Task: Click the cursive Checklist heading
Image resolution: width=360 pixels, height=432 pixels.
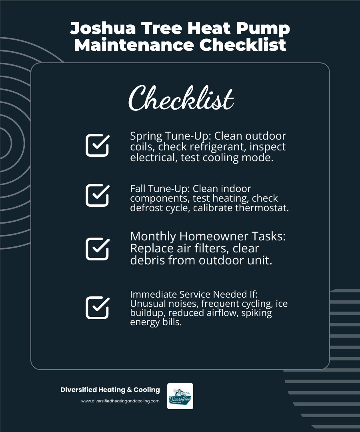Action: (x=181, y=98)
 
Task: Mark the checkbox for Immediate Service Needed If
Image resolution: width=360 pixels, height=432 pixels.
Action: (x=97, y=307)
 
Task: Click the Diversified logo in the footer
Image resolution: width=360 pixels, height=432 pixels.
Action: (x=180, y=396)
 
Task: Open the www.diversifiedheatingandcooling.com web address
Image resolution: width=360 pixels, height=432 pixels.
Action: (x=120, y=401)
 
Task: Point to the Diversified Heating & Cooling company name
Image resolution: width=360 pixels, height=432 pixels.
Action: (x=110, y=390)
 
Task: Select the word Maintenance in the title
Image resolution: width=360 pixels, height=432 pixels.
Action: (x=134, y=45)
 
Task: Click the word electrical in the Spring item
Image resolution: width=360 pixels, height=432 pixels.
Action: (x=153, y=157)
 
